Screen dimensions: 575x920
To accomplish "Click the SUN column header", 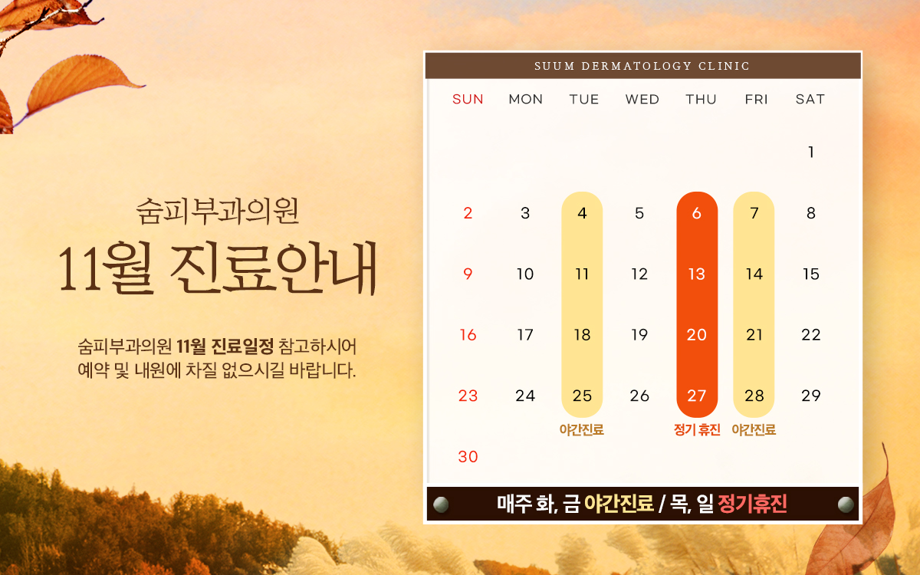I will click(x=468, y=99).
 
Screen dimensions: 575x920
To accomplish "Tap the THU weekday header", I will click(x=701, y=99).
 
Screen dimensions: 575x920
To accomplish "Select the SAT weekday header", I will click(x=810, y=99).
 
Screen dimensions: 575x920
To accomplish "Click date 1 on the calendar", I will click(x=811, y=153).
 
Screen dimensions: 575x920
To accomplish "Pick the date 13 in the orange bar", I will click(x=697, y=274).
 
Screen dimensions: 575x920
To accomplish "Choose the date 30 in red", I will click(x=468, y=457).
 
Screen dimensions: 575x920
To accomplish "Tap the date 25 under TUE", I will click(x=582, y=396).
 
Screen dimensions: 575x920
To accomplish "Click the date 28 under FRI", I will click(x=754, y=396).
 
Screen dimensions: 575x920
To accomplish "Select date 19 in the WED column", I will click(x=639, y=335).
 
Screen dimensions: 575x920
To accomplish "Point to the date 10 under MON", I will click(x=525, y=274).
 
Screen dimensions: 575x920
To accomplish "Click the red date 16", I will click(x=468, y=335).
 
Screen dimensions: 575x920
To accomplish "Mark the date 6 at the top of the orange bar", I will click(x=697, y=213).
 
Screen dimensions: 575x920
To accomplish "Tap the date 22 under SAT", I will click(x=811, y=335).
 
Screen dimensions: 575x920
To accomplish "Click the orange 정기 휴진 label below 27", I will click(x=697, y=430).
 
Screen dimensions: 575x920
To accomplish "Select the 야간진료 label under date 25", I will click(x=582, y=430).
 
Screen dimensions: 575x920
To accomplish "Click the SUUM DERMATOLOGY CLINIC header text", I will click(x=642, y=66).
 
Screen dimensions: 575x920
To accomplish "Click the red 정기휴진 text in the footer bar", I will click(x=752, y=504).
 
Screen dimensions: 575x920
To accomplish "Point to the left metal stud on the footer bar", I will click(x=441, y=504).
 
